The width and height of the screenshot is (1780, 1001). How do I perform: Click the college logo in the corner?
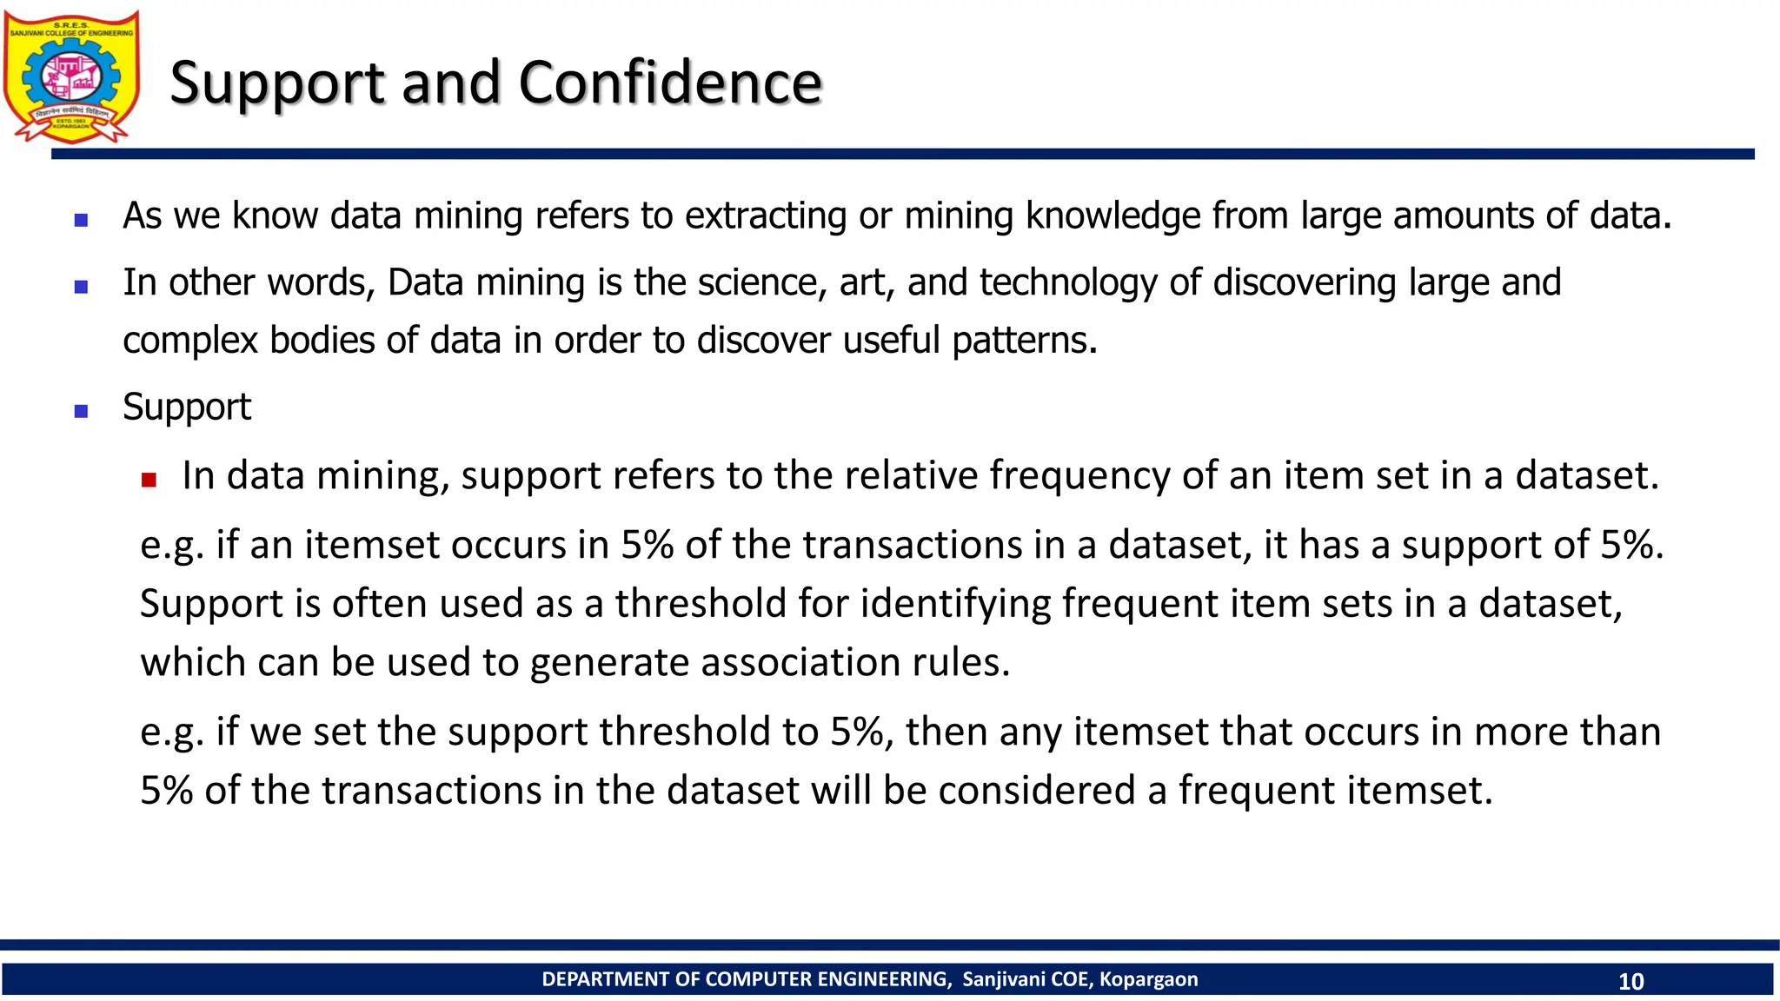(x=71, y=76)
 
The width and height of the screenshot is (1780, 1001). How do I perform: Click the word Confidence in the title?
(x=670, y=83)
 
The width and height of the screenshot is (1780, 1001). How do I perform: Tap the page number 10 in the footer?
(x=1631, y=981)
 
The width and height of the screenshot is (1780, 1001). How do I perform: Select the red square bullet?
(x=149, y=480)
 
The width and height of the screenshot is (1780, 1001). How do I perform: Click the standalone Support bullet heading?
(x=187, y=407)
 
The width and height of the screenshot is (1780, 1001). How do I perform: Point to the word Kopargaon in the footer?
(x=1148, y=979)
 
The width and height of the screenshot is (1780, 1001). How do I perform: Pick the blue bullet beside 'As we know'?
(x=82, y=221)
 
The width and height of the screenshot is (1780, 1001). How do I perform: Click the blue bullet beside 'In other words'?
(x=82, y=287)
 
